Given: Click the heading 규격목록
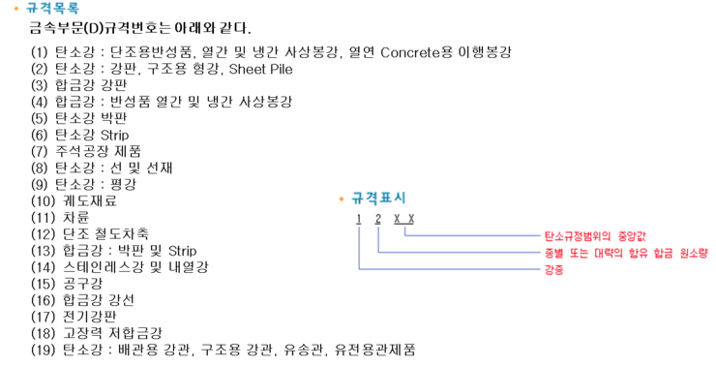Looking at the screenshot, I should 52,8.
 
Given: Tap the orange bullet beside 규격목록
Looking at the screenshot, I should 16,8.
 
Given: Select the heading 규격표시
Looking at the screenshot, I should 378,198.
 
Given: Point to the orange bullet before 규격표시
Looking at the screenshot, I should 342,198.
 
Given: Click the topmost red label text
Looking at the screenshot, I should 594,235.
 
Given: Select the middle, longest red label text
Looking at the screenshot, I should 625,253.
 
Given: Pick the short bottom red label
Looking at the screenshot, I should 553,270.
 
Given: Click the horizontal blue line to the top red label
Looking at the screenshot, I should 474,235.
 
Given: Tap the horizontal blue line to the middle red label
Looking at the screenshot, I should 460,253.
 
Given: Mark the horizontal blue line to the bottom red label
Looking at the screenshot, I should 450,269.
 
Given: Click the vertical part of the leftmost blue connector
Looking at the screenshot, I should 359,247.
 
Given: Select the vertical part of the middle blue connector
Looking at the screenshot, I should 378,239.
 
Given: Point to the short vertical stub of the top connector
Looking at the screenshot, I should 404,230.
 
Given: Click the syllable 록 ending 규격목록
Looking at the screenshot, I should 73,8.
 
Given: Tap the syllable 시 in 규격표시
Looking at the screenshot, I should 401,198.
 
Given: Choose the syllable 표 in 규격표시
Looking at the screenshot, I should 386,198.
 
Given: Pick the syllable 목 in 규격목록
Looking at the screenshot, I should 59,8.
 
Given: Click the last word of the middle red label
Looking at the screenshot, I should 694,253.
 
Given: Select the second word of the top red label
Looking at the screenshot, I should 632,235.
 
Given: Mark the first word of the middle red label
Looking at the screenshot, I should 552,253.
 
